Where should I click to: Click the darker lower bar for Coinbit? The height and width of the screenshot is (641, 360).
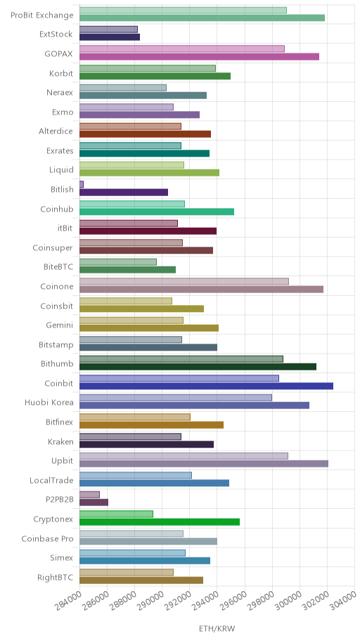(x=206, y=386)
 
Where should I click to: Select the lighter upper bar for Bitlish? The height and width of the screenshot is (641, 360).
(x=82, y=184)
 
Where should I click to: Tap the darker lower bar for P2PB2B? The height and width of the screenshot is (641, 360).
(x=94, y=503)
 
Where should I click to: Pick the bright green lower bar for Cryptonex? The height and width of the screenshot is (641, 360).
(x=160, y=522)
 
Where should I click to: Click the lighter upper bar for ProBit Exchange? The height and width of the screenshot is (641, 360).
(x=183, y=11)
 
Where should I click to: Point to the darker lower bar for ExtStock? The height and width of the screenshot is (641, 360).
(x=110, y=37)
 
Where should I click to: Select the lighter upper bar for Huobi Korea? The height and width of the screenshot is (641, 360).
(x=176, y=398)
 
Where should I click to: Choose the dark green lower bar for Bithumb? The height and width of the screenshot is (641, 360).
(x=198, y=367)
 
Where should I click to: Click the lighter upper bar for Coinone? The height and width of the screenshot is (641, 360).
(x=184, y=281)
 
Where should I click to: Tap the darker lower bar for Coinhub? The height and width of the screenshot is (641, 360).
(x=157, y=212)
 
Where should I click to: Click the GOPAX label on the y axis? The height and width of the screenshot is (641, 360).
(x=59, y=53)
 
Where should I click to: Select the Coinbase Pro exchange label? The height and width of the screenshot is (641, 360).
(x=47, y=539)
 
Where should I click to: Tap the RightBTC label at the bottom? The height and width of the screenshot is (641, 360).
(x=56, y=578)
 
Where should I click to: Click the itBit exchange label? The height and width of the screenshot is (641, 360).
(x=65, y=228)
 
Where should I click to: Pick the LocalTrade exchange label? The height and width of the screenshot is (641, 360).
(x=51, y=481)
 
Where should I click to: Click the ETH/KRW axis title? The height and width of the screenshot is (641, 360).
(x=217, y=629)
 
